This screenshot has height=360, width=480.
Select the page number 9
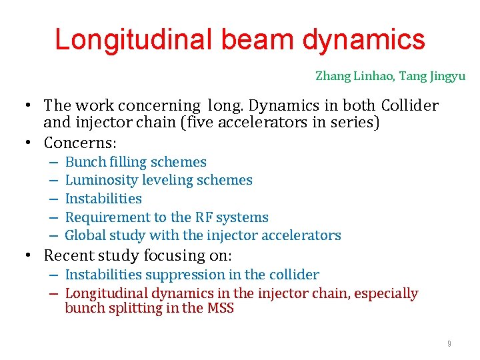point(449,343)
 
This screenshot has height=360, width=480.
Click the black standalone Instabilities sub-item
point(103,199)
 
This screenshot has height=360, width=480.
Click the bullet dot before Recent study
point(31,255)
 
